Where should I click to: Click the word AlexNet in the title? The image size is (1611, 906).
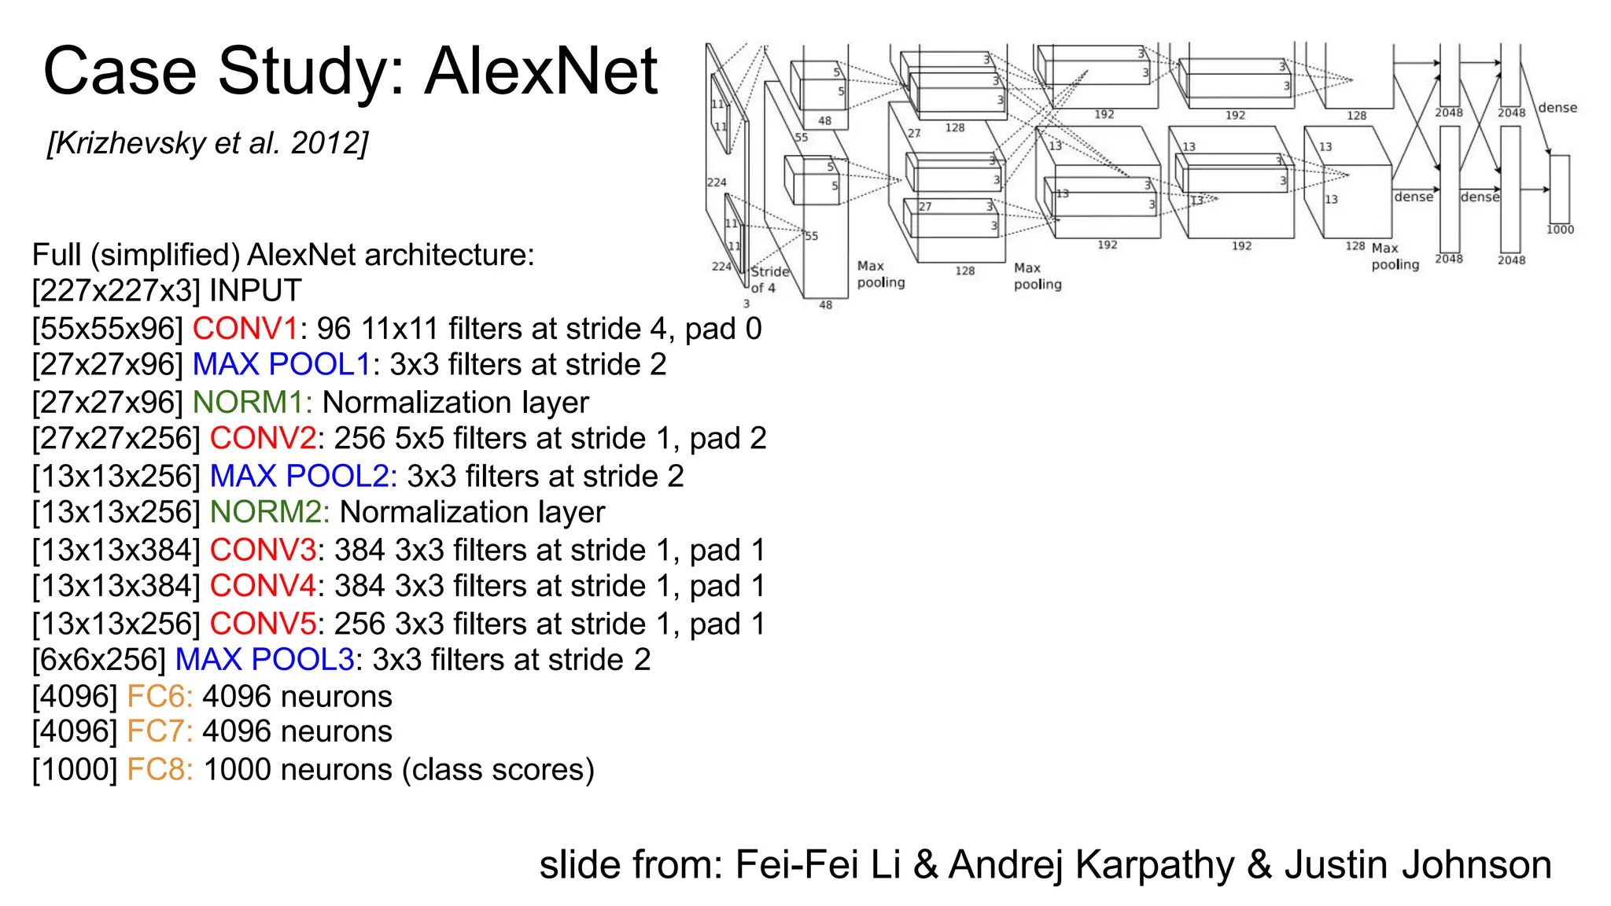tap(541, 72)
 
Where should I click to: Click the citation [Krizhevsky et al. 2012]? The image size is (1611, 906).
tap(208, 144)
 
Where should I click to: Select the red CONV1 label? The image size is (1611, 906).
tap(245, 329)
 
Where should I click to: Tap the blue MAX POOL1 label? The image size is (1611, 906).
tap(281, 365)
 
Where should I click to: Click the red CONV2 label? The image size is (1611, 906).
tap(263, 439)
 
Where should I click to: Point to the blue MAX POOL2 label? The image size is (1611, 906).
tap(303, 477)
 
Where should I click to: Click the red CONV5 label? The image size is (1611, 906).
tap(263, 624)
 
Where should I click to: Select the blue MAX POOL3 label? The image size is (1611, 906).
tap(264, 660)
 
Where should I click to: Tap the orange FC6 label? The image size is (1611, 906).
tap(159, 697)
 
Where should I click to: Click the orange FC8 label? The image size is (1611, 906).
tap(159, 770)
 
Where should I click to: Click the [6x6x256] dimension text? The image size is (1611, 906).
tap(99, 660)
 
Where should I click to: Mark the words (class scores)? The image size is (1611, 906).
tap(498, 770)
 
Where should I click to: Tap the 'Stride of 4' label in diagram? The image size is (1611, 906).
tap(769, 280)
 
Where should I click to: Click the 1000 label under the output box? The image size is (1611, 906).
tap(1559, 230)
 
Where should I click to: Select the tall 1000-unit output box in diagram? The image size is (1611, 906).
tap(1559, 189)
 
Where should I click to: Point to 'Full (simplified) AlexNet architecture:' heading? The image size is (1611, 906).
tap(283, 256)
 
